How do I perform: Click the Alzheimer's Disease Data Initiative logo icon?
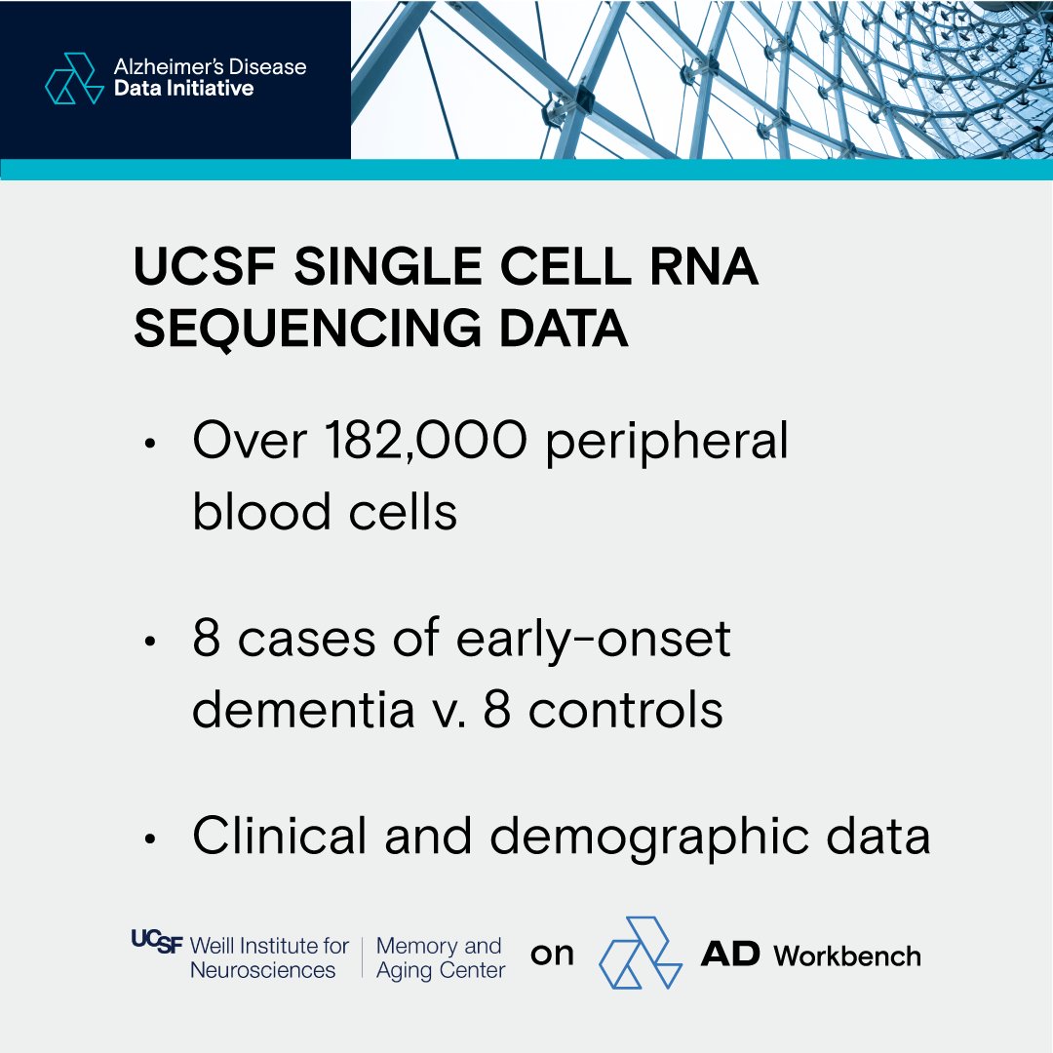coord(74,78)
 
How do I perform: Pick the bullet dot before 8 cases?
coord(149,643)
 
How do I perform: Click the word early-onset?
coord(597,641)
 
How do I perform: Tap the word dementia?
coord(302,710)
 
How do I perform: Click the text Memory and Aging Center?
coord(440,957)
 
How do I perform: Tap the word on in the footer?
coord(552,955)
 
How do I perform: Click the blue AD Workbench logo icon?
coord(640,953)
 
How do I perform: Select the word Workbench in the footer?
coord(847,955)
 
